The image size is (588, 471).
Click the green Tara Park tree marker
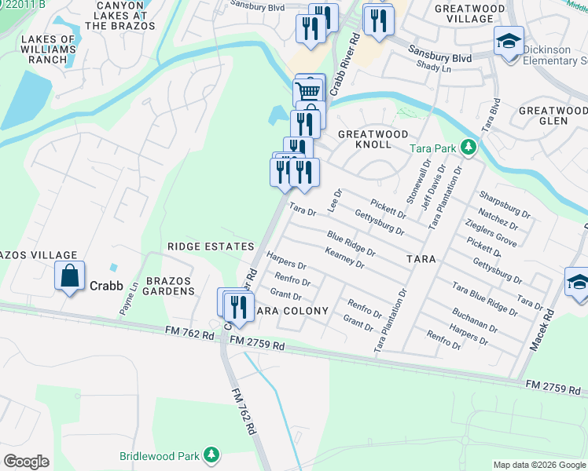(x=469, y=147)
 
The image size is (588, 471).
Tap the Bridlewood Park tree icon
(x=211, y=455)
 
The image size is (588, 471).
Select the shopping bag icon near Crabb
(x=70, y=276)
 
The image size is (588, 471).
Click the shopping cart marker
(x=307, y=92)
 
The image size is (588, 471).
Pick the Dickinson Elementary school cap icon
(x=509, y=40)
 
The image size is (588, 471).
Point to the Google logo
(x=27, y=462)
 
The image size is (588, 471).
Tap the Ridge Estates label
(x=211, y=246)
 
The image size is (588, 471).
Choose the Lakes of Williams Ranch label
(x=48, y=49)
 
